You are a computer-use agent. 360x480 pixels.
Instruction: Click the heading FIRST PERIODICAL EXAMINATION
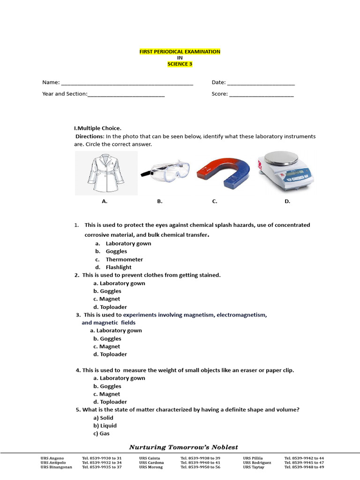[180, 52]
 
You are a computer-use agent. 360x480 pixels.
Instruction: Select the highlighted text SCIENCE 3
[180, 64]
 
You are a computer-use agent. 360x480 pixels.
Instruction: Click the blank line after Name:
[127, 83]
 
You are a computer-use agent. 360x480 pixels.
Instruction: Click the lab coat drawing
[106, 172]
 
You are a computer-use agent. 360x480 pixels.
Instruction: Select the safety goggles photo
[165, 172]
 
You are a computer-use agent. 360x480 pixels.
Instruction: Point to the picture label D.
[287, 201]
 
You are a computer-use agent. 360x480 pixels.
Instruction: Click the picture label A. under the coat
[105, 201]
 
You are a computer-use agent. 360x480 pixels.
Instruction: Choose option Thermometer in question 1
[124, 259]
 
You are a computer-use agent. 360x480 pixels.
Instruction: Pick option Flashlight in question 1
[119, 267]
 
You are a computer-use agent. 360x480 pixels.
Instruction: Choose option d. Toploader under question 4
[110, 402]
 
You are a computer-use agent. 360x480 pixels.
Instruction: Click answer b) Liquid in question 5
[106, 426]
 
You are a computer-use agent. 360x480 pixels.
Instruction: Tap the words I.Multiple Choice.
[97, 128]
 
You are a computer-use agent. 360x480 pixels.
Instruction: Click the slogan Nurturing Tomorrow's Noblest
[184, 447]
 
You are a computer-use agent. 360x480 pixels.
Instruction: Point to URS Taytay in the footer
[254, 467]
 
